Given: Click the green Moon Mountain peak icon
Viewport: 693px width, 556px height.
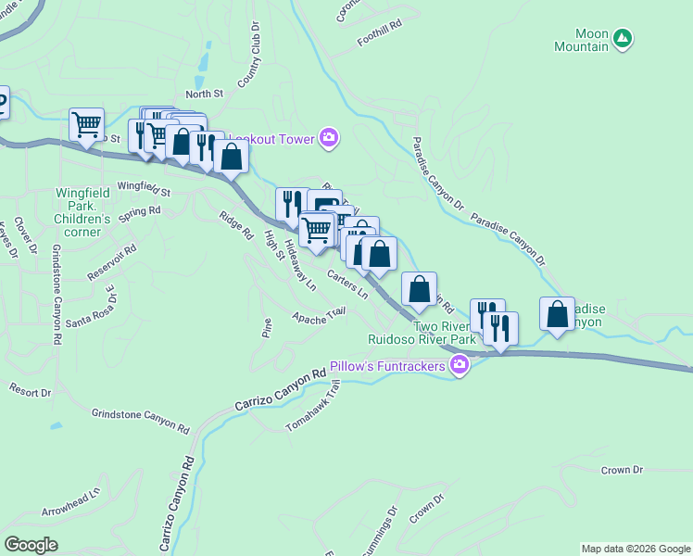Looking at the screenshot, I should [x=624, y=38].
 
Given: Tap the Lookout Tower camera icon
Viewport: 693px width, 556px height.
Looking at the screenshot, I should [x=328, y=138].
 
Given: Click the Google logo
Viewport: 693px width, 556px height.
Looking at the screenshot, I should [x=31, y=544].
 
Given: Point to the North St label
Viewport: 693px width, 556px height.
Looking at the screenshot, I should [x=204, y=94].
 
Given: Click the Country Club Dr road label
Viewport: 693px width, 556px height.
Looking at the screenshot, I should [x=248, y=62].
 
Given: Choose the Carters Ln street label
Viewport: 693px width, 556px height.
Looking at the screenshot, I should [x=348, y=284].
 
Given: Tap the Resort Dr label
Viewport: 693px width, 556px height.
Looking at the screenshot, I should [x=31, y=392].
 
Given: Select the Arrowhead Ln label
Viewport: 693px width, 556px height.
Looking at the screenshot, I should [x=70, y=501].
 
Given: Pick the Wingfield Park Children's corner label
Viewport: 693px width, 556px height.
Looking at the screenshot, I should [x=83, y=207].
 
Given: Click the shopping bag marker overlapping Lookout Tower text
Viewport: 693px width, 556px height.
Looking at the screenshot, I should [x=232, y=156].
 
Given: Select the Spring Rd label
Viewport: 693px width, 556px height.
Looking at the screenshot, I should [x=140, y=210].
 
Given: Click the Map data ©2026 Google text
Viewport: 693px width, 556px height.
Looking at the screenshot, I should [x=636, y=549].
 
